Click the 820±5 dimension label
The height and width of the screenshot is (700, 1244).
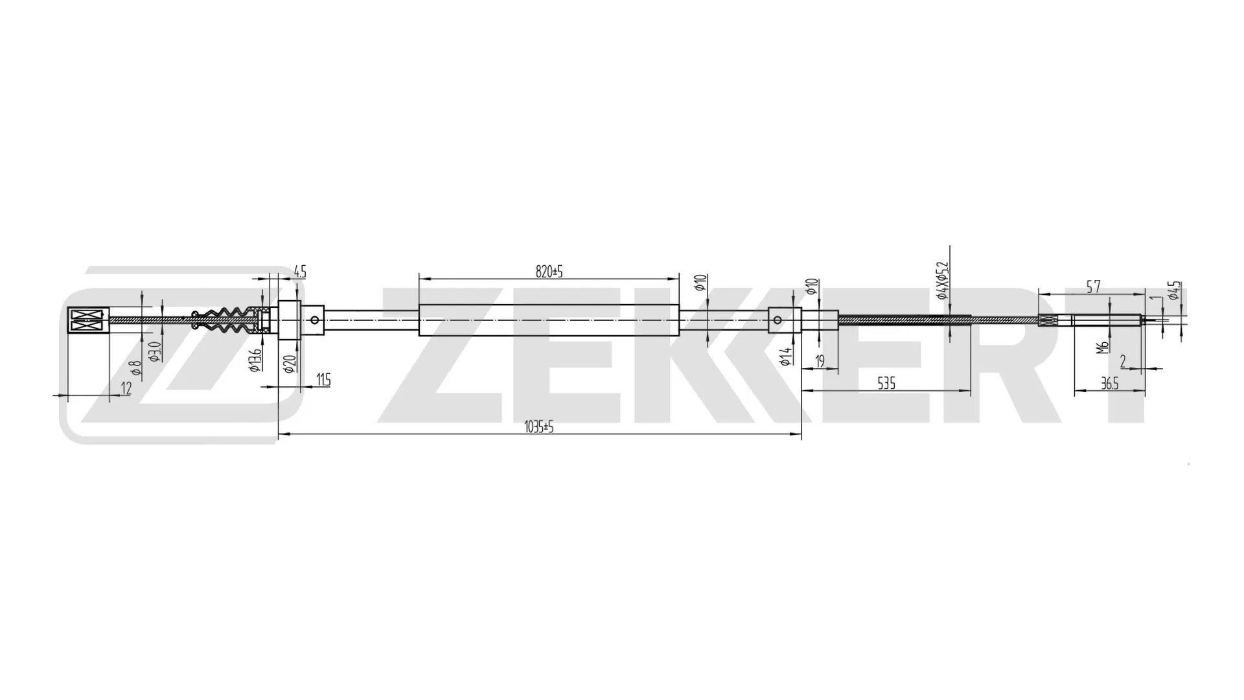click(x=549, y=272)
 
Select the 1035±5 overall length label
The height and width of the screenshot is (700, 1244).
click(x=539, y=427)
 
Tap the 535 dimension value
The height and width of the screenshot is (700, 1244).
click(x=886, y=383)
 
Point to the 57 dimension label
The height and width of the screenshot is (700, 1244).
click(x=1093, y=286)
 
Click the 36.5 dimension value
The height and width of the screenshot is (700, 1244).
click(x=1110, y=384)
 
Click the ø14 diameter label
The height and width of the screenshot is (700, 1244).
click(x=786, y=356)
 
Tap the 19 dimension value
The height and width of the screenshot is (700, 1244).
click(x=820, y=361)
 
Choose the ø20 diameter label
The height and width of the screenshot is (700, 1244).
click(x=290, y=364)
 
